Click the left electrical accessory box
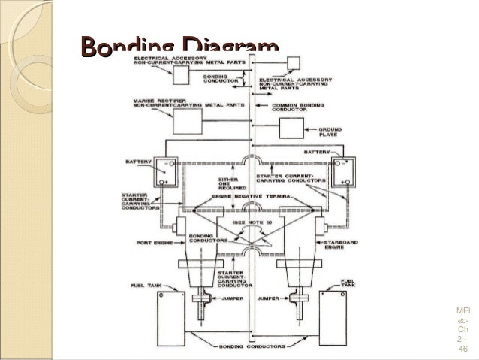[182, 75]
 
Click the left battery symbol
[164, 174]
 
